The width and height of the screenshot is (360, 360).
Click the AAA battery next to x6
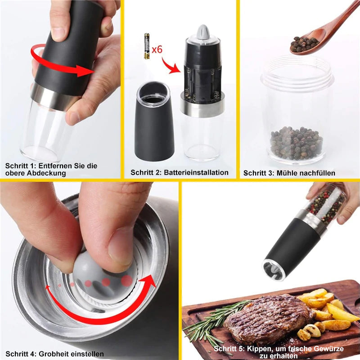(x=147, y=46)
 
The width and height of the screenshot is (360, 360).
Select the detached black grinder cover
(x=154, y=121)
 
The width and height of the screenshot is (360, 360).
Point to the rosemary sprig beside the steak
(x=211, y=319)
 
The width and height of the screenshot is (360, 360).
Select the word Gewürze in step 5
(x=327, y=349)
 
